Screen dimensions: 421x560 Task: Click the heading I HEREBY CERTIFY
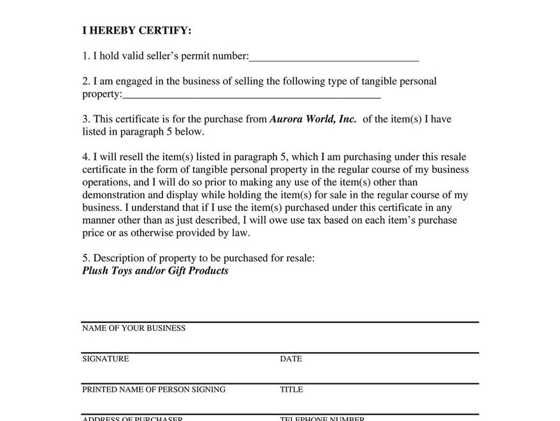136,30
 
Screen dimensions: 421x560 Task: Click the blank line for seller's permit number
334,57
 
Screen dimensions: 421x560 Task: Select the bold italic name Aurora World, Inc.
313,119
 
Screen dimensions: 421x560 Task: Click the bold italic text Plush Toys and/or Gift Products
155,270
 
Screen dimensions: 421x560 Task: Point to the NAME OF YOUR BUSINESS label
134,329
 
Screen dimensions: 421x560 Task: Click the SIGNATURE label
105,359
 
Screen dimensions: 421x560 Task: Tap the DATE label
291,359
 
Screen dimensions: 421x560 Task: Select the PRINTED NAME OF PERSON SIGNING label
154,390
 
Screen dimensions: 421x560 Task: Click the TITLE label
291,390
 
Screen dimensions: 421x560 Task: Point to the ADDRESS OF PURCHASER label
133,418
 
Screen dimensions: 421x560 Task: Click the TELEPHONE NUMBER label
322,418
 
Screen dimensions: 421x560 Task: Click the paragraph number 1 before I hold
85,56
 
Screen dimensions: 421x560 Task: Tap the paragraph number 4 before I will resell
85,157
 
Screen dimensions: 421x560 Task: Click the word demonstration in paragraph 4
113,195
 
